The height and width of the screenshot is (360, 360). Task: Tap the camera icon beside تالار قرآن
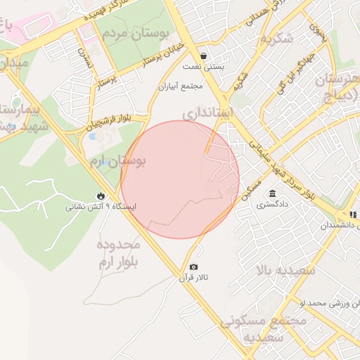[x=194, y=267]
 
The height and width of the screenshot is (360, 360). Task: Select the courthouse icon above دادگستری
[x=272, y=194]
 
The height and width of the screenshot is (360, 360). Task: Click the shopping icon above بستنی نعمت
[x=203, y=56]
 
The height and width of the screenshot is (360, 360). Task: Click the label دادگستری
[x=271, y=206]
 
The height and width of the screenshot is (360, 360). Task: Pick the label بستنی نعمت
[x=203, y=67]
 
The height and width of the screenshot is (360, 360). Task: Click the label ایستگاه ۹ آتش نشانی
[x=101, y=207]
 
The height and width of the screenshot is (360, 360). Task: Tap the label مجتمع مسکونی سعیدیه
[x=264, y=328]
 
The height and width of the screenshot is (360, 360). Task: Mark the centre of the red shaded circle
[x=180, y=179]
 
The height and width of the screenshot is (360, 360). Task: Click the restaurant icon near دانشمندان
[x=354, y=214]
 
